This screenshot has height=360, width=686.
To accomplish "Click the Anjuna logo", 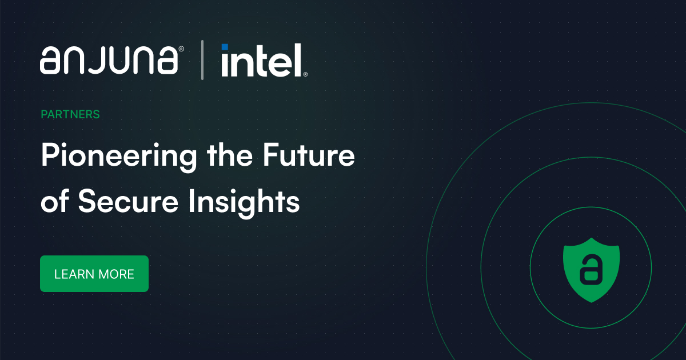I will [109, 60].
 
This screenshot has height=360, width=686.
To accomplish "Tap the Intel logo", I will [262, 61].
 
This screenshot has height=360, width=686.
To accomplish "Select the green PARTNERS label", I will [70, 114].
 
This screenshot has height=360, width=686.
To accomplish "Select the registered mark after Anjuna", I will [181, 50].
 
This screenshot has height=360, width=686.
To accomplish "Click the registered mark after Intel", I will [305, 74].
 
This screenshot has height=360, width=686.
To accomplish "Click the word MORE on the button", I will [116, 274].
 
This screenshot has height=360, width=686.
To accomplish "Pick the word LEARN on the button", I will [74, 274].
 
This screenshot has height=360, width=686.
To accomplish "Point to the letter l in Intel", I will [297, 60].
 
